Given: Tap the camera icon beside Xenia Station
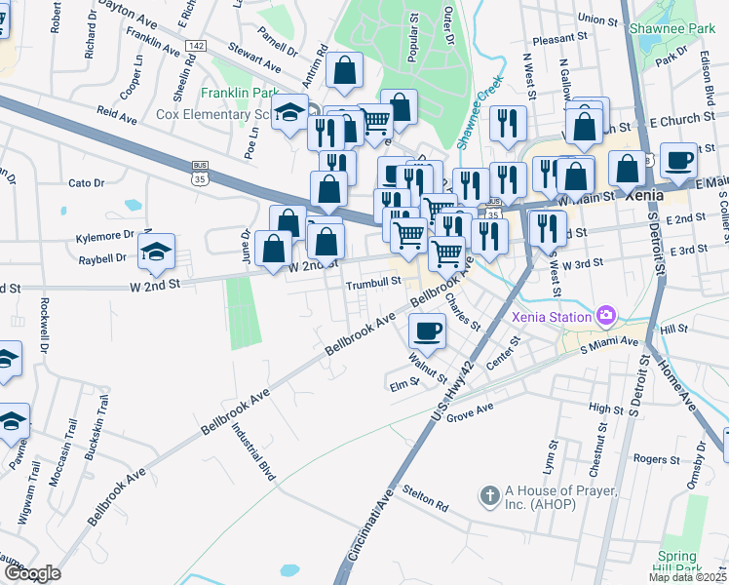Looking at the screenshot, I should tap(606, 315).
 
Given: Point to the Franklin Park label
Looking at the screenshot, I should tap(240, 94).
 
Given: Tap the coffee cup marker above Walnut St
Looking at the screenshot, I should tap(428, 331).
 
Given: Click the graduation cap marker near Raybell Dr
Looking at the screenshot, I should tap(157, 253).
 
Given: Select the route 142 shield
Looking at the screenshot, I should tap(195, 46).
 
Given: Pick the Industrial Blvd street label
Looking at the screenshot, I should tap(253, 450).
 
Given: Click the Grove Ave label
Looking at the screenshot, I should tap(471, 412).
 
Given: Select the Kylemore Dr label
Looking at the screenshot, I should tap(104, 236).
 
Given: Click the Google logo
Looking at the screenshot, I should tap(32, 573).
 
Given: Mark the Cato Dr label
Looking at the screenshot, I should tap(86, 182).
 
